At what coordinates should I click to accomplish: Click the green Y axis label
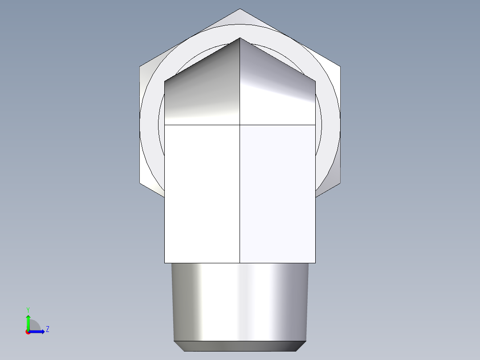pos(28,309)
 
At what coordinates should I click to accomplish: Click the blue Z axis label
pos(47,329)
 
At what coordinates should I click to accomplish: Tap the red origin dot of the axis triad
pos(28,332)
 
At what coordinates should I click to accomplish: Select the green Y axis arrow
pos(28,322)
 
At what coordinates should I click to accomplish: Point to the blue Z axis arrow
pos(38,331)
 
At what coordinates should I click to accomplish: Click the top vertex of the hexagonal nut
pos(240,9)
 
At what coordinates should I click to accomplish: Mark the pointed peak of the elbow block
pos(240,38)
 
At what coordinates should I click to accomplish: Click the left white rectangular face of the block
pos(202,194)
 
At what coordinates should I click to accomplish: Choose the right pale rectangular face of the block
pos(277,194)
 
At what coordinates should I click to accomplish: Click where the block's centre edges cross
pos(240,125)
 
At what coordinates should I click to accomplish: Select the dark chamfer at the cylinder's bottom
pos(240,346)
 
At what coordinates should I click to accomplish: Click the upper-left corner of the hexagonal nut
pos(140,67)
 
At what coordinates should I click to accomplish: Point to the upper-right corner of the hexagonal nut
pos(341,67)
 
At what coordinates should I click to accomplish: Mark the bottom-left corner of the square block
pos(165,263)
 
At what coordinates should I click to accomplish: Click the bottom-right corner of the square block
pos(315,263)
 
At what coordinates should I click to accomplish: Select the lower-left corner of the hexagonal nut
pos(140,183)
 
